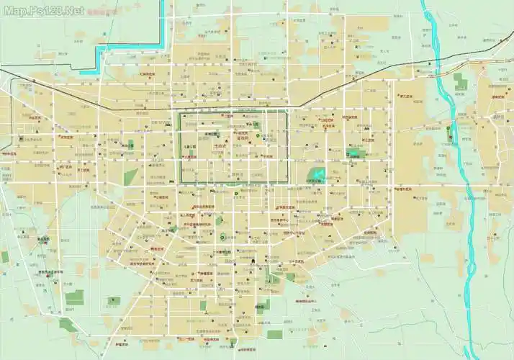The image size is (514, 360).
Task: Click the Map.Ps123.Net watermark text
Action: tap(43, 11)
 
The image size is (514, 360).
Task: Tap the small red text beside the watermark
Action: tap(102, 12)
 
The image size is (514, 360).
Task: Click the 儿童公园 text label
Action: tap(190, 146)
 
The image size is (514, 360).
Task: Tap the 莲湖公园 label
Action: tap(211, 134)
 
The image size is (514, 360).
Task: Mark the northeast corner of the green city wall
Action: tap(287, 111)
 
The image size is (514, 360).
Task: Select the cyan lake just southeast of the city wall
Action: tap(317, 174)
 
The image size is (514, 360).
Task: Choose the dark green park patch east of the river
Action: tap(461, 79)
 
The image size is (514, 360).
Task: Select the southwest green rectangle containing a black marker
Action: tap(114, 301)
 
